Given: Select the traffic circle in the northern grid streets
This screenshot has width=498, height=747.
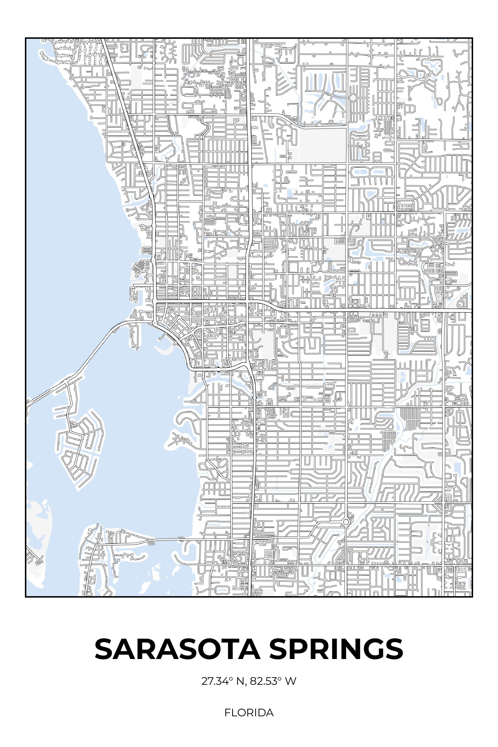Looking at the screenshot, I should pos(353,98).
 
